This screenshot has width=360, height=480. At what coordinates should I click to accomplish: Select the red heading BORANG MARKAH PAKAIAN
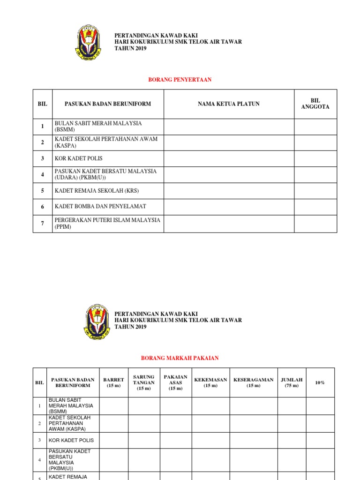click(180, 358)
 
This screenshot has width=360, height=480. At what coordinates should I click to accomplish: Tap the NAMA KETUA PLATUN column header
click(229, 104)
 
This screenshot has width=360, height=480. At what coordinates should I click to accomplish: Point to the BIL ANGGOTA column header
click(315, 104)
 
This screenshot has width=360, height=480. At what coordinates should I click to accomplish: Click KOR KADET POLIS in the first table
click(79, 158)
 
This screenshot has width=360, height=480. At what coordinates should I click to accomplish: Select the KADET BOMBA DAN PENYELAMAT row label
click(100, 206)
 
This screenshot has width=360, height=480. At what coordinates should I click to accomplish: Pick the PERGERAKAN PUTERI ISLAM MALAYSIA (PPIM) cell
click(107, 223)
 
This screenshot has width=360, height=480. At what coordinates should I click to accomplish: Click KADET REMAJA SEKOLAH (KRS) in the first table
click(97, 191)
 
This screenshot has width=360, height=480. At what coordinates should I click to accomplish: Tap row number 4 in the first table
click(42, 174)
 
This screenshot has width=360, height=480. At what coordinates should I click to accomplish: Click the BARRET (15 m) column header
click(114, 382)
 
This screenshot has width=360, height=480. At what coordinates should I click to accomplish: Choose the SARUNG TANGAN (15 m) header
click(144, 382)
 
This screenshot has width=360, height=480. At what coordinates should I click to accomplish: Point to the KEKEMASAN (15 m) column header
click(210, 382)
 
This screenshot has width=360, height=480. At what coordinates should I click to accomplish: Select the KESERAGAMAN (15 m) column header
click(254, 382)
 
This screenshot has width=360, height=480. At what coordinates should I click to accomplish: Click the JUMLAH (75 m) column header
click(292, 382)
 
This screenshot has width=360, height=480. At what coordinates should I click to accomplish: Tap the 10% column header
click(320, 382)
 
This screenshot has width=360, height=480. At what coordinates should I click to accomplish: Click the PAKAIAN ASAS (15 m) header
click(176, 382)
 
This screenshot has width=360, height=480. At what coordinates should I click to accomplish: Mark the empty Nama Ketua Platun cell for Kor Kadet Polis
click(229, 158)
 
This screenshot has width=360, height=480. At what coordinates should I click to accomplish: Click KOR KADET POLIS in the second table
click(71, 440)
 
